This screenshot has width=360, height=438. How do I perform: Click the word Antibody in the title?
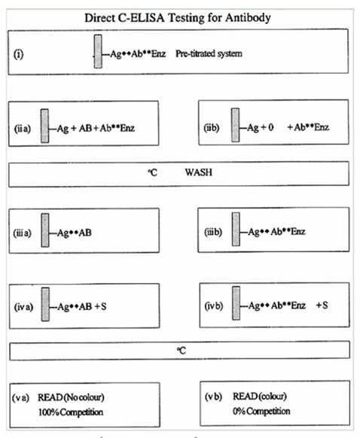248,17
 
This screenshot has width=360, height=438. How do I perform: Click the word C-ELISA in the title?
141,17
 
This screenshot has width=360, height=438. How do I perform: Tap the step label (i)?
18,54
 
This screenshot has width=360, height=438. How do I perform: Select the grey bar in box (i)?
98,51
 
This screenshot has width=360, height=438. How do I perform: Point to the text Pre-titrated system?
209,53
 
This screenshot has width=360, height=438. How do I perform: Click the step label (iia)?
23,129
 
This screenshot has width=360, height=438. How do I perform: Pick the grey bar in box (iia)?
44,126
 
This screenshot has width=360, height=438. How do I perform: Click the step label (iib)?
212,128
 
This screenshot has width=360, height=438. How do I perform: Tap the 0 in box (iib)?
270,127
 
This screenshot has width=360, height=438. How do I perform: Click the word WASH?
198,172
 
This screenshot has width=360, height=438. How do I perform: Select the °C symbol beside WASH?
153,172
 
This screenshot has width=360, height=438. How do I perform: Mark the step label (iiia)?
22,233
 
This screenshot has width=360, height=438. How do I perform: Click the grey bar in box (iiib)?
236,230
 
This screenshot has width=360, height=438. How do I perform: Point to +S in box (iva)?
101,306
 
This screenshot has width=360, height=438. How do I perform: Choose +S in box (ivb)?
322,305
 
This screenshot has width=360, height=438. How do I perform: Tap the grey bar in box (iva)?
45,304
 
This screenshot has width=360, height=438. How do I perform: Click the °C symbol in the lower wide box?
182,350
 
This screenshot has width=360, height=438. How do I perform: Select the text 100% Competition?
71,412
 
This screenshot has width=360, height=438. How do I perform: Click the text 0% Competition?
261,411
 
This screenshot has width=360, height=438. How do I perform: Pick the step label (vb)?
214,397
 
